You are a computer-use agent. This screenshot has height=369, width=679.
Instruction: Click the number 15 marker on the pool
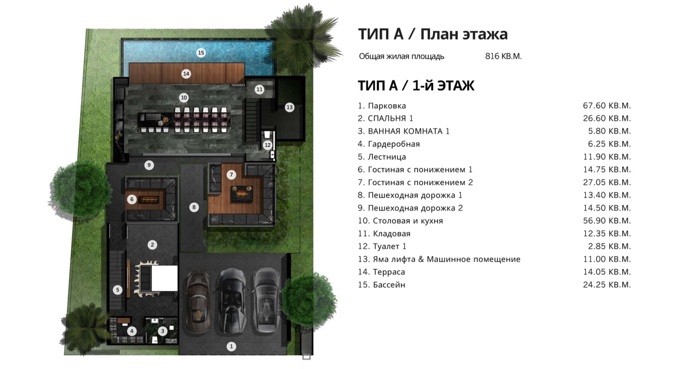200,53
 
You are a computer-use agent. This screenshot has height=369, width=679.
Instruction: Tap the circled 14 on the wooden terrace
186,74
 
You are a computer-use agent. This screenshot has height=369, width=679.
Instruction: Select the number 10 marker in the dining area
183,98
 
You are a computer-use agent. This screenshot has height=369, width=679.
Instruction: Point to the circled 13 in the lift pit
289,108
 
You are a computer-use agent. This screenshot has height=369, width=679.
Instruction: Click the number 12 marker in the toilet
268,145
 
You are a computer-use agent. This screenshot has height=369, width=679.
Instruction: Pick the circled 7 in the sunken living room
231,175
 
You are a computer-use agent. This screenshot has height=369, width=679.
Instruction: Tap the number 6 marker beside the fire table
132,200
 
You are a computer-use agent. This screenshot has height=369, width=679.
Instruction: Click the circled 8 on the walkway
194,207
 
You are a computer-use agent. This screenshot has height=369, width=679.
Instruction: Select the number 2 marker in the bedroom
152,245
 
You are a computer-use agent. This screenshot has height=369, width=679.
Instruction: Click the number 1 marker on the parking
231,346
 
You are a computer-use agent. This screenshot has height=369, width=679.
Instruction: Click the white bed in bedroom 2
164,278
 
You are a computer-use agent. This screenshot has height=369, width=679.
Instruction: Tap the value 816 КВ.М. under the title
503,57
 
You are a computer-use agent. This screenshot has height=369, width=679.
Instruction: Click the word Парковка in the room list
386,106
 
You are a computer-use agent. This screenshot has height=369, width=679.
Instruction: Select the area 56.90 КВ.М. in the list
607,221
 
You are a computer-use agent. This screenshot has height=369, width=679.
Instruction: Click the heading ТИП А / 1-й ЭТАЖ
416,86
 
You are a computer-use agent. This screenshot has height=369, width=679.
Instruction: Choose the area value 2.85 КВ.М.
609,246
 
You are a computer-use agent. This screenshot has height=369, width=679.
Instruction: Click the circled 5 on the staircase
118,290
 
